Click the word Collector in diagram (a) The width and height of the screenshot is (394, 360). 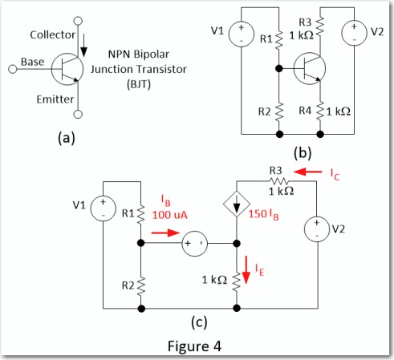[x=53, y=34]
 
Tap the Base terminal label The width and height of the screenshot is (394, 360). [x=33, y=62]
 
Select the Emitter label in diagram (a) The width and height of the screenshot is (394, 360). [x=55, y=99]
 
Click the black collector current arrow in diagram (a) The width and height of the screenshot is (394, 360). [x=84, y=46]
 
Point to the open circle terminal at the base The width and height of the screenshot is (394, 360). [x=13, y=69]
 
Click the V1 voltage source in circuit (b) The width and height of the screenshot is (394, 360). [x=242, y=34]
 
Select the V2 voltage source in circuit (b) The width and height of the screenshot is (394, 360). [x=354, y=33]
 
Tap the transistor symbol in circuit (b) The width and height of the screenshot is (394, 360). [x=310, y=69]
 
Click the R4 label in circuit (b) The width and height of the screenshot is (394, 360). [x=305, y=111]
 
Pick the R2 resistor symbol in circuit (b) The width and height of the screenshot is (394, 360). [x=279, y=111]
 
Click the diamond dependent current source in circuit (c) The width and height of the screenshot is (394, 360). [x=237, y=204]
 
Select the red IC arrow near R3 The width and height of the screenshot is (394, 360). [x=307, y=172]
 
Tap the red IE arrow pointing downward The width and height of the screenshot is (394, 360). [x=246, y=270]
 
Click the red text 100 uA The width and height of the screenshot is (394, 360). [x=170, y=215]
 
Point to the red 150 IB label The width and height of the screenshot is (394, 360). [x=264, y=215]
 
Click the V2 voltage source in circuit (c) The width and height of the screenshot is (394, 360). [x=317, y=229]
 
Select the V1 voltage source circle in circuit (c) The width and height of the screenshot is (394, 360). [x=104, y=208]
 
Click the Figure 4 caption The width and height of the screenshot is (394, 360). [x=194, y=346]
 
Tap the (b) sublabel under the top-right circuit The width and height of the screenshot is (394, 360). [x=303, y=153]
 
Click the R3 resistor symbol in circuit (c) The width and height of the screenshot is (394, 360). [x=279, y=181]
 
